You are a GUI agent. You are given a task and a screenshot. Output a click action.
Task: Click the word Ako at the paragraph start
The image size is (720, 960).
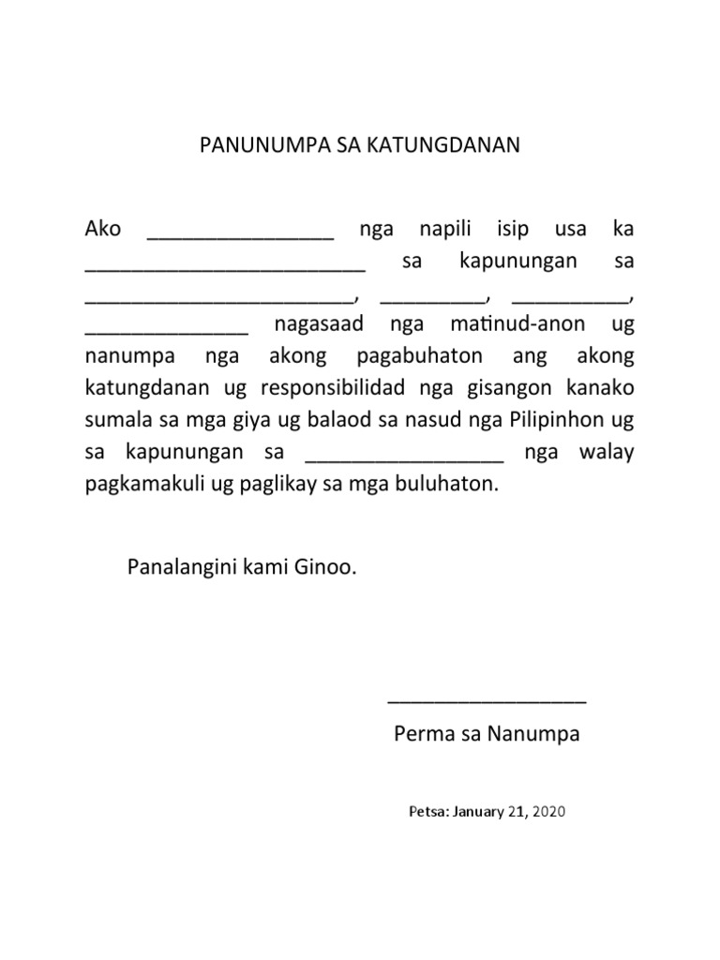coord(103,229)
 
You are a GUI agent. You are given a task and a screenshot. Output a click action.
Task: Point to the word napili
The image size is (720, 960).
coord(440,229)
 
